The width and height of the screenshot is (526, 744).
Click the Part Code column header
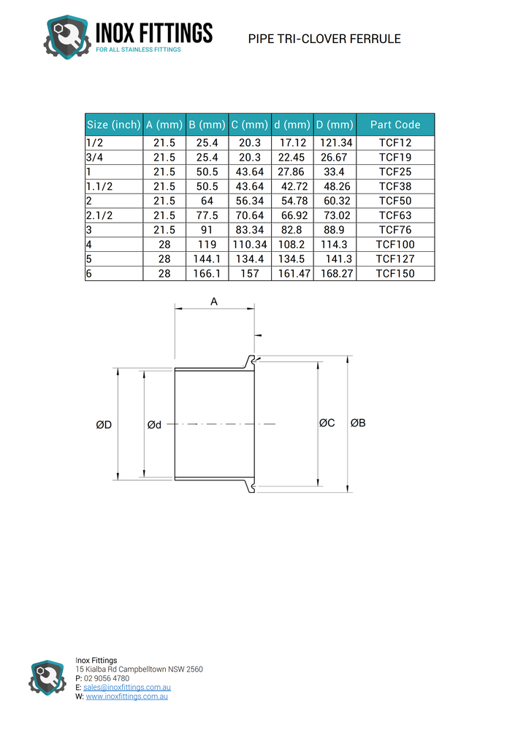395,125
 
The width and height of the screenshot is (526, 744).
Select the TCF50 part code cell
395,201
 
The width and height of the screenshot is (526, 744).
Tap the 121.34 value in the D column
336,143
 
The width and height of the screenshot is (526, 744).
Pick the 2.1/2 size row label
101,215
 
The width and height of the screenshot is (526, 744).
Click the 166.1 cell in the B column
207,274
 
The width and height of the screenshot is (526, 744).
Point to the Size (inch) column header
113,125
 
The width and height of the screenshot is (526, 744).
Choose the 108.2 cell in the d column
292,245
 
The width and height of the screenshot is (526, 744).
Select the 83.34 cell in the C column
250,230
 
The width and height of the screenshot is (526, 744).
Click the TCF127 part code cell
395,259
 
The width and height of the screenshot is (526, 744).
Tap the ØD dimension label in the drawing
104,425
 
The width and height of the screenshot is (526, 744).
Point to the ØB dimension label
358,423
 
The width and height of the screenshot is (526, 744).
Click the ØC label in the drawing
327,423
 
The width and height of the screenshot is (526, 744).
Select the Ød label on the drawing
154,425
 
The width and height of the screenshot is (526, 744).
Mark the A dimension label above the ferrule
214,301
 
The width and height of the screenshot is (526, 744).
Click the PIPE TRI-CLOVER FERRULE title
324,39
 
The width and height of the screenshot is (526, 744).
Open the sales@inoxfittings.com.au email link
127,688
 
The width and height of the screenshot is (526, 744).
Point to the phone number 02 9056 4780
107,678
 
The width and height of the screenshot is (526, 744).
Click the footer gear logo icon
47,678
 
